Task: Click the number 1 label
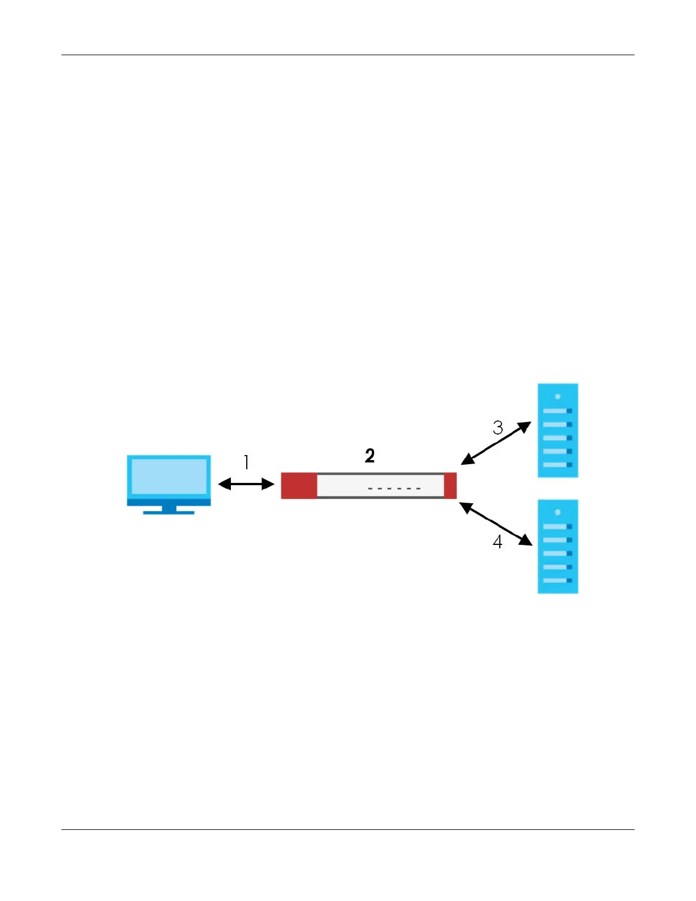246,462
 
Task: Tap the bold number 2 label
370,456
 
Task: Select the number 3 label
498,428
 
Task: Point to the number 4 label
498,542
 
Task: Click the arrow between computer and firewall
246,484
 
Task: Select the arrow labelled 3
496,443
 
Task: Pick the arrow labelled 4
495,524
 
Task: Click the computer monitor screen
169,477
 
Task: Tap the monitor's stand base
169,512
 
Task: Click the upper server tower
558,430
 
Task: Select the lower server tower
558,547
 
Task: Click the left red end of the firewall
299,485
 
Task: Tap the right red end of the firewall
450,485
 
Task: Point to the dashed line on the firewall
395,489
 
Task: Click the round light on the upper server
558,396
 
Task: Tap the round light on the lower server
558,513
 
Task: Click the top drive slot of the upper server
557,411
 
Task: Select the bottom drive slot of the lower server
557,580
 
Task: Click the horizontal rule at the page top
347,55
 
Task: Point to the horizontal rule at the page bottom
347,829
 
